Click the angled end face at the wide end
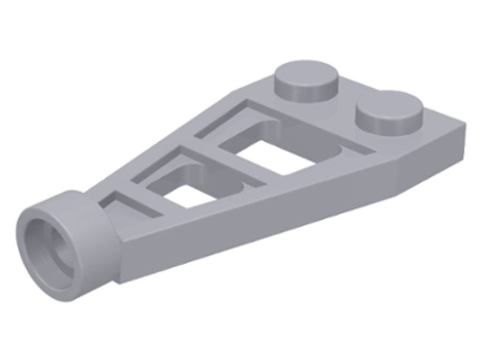pos(436,160)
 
